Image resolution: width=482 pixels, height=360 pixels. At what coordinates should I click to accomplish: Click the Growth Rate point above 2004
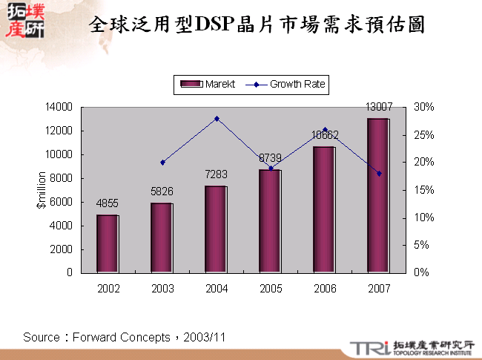[217, 119]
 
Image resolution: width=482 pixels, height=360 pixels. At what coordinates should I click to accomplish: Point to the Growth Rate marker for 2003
[162, 163]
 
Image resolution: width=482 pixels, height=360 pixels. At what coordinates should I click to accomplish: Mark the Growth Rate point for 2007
[379, 174]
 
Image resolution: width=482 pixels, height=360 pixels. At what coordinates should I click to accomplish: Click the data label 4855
[108, 203]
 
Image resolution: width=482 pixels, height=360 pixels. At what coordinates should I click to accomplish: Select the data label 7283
[216, 174]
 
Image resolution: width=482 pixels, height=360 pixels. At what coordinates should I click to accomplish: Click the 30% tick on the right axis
[423, 108]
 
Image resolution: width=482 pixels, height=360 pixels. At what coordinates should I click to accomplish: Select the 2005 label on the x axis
[270, 288]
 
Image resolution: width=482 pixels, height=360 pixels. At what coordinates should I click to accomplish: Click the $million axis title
[42, 190]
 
